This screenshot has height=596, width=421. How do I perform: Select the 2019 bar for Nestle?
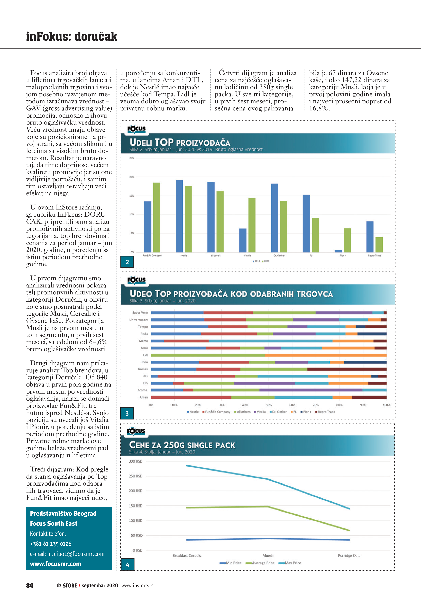click(x=179, y=216)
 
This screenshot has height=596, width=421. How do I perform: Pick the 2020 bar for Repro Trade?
click(x=379, y=244)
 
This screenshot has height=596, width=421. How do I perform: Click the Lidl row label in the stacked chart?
click(x=145, y=355)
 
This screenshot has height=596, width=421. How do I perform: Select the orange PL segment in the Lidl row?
click(x=326, y=355)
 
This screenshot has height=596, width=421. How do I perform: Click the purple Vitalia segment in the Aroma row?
click(x=311, y=390)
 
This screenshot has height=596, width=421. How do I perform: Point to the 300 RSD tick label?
click(x=136, y=461)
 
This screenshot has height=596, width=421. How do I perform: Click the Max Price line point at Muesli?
click(x=268, y=479)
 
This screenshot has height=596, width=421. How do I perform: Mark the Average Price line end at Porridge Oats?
click(x=349, y=530)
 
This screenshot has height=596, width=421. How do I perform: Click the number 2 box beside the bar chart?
click(x=127, y=262)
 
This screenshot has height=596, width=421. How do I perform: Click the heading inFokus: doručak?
click(x=72, y=36)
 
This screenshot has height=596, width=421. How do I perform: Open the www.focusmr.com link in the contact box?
click(x=56, y=564)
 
